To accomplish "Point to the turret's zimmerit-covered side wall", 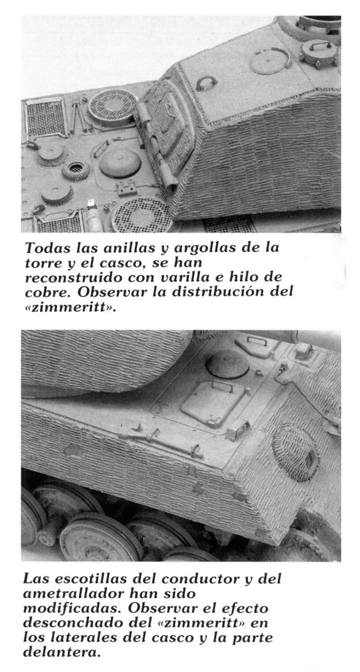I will pyautogui.click(x=256, y=164).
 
